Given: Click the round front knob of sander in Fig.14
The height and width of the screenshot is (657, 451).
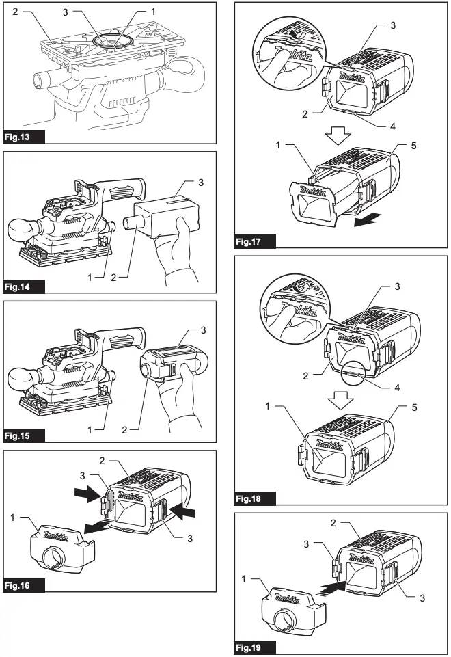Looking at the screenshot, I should [x=23, y=230].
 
